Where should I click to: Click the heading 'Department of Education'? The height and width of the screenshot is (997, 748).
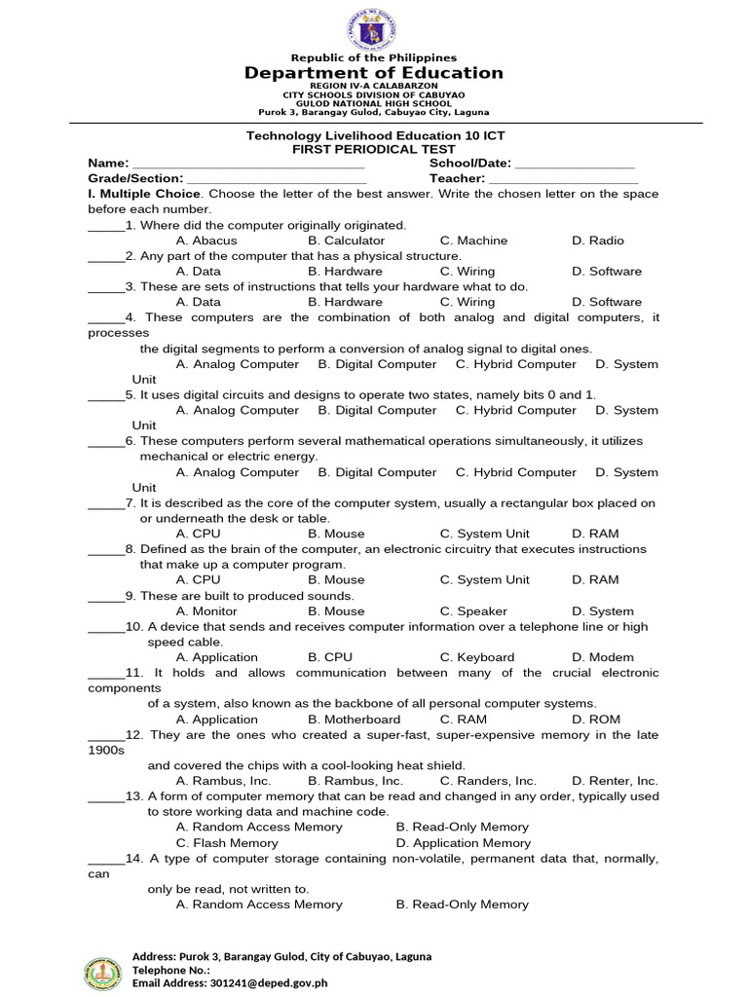(374, 73)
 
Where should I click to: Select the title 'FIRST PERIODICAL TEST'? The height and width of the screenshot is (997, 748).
(374, 149)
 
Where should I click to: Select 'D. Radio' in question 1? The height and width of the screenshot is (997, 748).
(598, 240)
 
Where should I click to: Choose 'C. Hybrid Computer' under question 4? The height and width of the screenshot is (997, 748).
(515, 364)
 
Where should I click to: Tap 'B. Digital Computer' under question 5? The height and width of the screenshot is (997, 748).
(377, 411)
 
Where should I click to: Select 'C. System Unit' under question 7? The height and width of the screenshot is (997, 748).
(485, 534)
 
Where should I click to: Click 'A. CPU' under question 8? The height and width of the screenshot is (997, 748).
(199, 580)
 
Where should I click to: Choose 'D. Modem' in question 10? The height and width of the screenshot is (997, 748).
(603, 657)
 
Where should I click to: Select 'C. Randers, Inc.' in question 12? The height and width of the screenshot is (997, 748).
(488, 781)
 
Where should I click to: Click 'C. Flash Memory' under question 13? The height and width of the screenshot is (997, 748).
(227, 843)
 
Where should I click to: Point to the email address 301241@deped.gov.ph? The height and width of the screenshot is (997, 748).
(269, 983)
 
